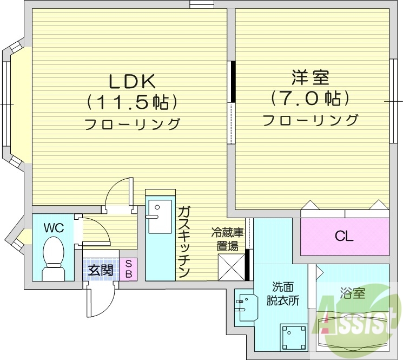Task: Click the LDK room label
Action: tap(133, 81)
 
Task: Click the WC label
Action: tap(54, 228)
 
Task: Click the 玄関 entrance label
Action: tap(101, 270)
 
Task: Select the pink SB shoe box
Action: tap(129, 269)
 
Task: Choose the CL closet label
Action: tap(343, 236)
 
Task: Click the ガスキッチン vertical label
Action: tap(184, 241)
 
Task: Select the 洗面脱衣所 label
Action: tap(282, 294)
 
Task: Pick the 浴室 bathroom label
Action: tap(353, 294)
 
